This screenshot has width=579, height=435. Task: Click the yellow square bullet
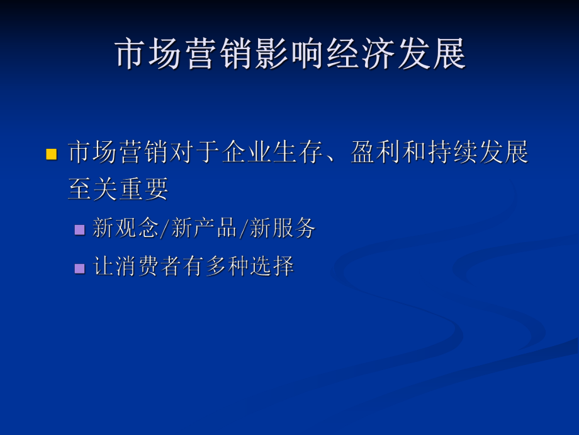52,153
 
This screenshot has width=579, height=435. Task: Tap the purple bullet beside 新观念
79,229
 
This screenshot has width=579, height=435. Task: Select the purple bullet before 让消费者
79,267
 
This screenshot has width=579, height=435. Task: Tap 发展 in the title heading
431,54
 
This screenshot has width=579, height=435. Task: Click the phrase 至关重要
118,188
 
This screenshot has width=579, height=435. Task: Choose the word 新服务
283,228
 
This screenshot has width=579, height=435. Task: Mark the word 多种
216,267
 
